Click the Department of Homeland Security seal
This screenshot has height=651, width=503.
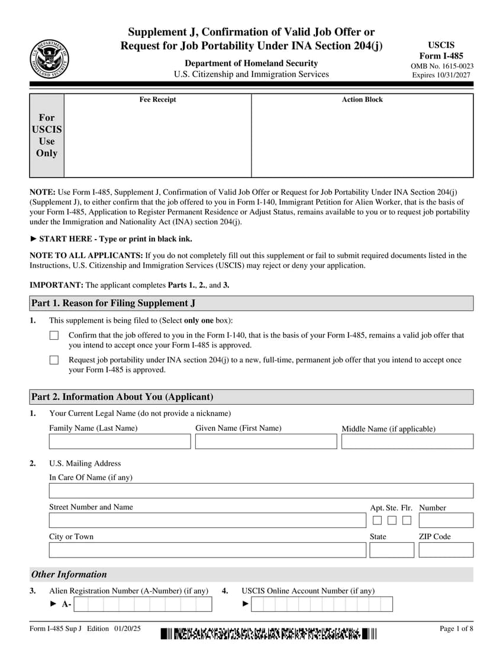pos(50,59)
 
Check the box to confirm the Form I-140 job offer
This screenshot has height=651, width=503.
pos(54,336)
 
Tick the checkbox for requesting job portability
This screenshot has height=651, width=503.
pos(54,360)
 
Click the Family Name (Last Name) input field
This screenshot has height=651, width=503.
pos(120,441)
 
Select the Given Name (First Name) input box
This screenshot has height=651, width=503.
pos(266,441)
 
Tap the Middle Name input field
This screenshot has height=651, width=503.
pos(407,441)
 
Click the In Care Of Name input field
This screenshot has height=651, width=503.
pos(261,491)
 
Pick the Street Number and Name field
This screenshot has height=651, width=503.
pos(207,520)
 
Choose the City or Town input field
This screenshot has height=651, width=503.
pos(207,550)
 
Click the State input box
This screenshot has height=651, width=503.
pos(392,550)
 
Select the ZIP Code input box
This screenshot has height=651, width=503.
pos(446,550)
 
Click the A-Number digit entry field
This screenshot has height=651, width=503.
pos(143,604)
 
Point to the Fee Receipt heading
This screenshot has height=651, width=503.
pos(157,99)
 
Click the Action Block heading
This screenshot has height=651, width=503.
pos(362,99)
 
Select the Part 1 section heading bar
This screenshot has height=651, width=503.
pos(251,303)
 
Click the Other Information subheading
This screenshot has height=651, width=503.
pos(69,574)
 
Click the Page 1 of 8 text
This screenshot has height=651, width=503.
pos(456,629)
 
